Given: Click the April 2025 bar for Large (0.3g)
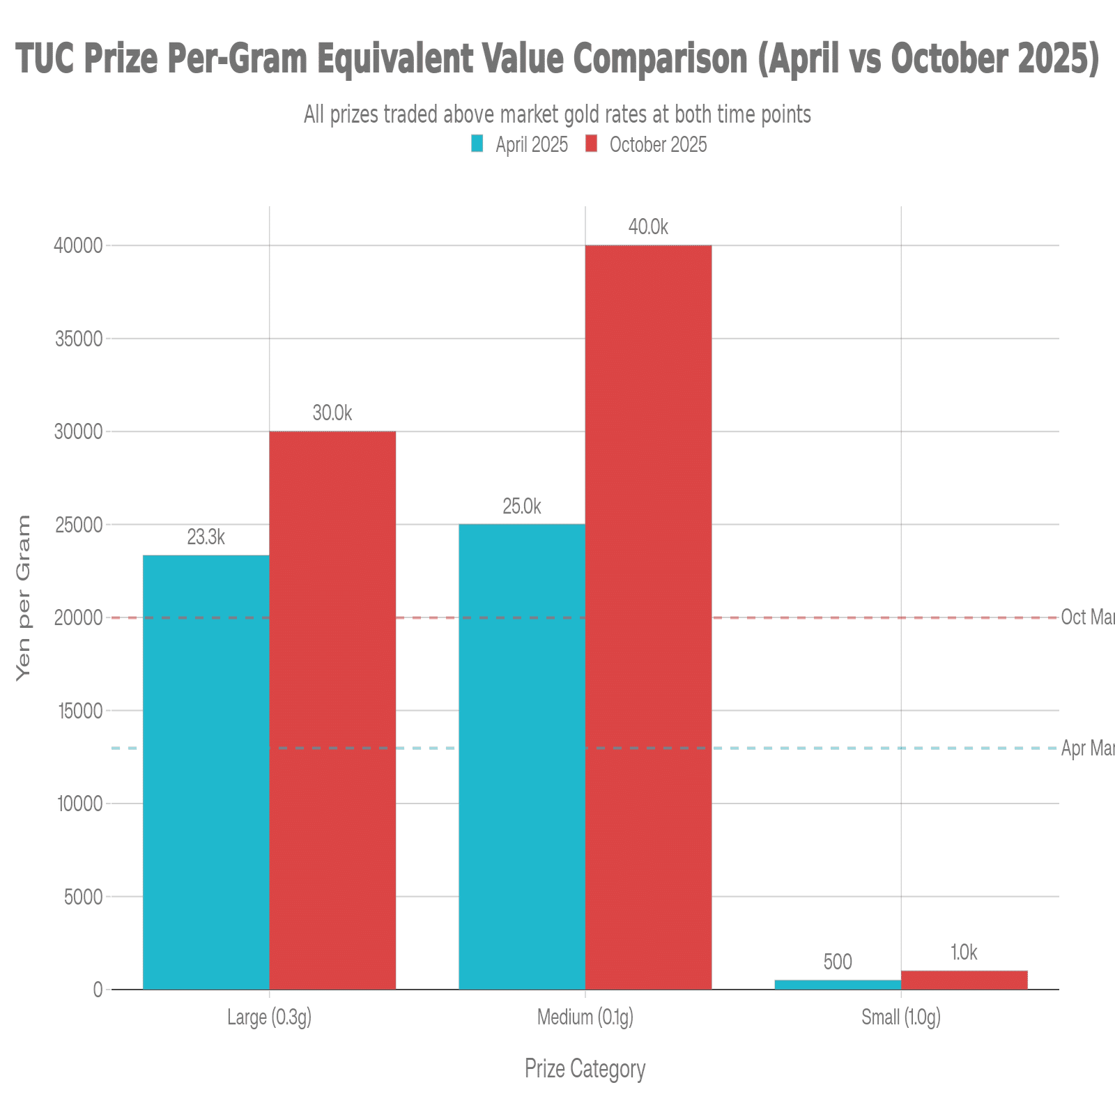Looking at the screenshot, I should (x=206, y=772).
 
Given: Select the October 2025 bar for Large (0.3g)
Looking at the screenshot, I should (x=332, y=710).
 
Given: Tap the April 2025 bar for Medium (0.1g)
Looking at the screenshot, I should (x=522, y=756).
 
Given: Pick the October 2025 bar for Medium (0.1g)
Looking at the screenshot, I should (x=649, y=617).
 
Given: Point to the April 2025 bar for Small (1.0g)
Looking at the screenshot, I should (x=838, y=984).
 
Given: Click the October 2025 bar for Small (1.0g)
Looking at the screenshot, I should (x=964, y=979).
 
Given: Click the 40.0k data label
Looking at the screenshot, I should (x=648, y=226).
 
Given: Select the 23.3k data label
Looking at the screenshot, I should (x=206, y=537).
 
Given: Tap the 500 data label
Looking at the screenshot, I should (x=838, y=962).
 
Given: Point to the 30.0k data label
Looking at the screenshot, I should (x=332, y=413).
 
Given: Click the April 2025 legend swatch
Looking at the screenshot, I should (x=477, y=144).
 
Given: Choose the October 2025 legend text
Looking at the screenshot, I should (x=658, y=144).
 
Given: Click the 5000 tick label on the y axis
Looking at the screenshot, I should (x=83, y=897).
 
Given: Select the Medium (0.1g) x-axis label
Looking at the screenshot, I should (x=585, y=1017).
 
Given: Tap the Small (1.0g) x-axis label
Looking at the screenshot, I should (x=901, y=1017).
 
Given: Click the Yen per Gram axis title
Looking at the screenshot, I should (x=24, y=599).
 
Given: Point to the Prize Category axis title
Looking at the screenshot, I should (x=585, y=1068).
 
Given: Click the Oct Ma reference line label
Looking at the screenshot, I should (x=1087, y=617).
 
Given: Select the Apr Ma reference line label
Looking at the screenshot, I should (x=1087, y=748).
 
